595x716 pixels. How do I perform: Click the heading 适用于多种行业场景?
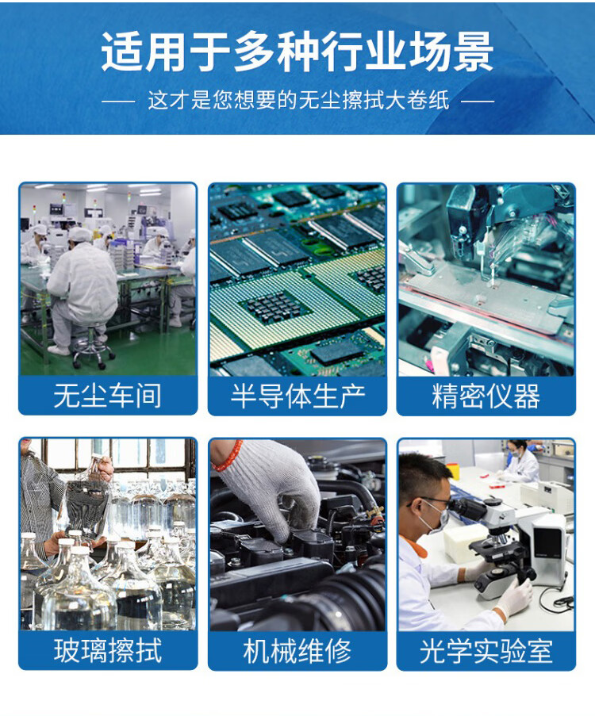tap(297, 52)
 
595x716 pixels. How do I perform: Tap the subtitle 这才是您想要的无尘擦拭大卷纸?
tap(299, 101)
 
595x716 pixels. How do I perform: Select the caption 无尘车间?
tap(108, 396)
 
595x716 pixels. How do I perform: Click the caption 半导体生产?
tap(297, 396)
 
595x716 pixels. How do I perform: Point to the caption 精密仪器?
tap(486, 396)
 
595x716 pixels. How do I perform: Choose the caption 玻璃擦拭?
tap(108, 650)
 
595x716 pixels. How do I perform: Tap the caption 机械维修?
tap(297, 650)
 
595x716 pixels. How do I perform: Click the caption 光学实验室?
tap(486, 650)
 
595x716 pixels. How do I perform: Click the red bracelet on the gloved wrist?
tap(228, 456)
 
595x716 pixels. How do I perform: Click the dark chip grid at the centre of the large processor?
tap(272, 306)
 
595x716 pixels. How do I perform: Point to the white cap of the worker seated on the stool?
tap(80, 235)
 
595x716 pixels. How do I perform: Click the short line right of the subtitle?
tap(478, 101)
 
